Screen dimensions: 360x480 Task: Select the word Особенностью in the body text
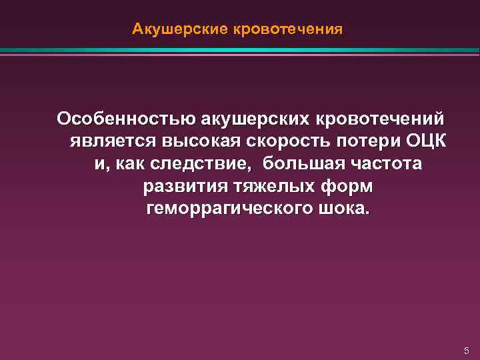coord(117,119)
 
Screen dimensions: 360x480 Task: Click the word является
coord(111,141)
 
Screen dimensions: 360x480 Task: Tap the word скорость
coord(291,141)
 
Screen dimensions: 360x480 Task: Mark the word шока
coord(347,209)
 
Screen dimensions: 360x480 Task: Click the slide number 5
coord(467,350)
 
